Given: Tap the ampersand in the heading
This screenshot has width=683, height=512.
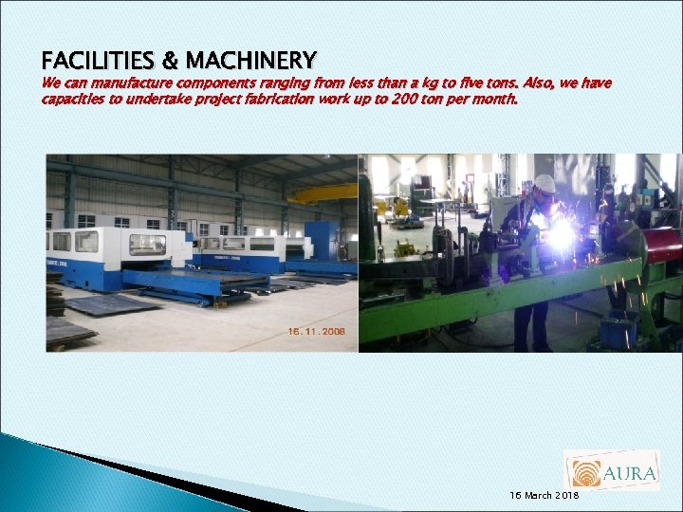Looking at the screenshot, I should click(170, 62).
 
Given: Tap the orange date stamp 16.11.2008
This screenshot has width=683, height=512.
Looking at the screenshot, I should click(317, 332).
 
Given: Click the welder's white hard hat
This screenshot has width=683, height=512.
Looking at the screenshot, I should click(544, 184).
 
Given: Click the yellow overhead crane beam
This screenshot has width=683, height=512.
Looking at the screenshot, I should click(323, 194).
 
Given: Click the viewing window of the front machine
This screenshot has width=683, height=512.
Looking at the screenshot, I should click(146, 244).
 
